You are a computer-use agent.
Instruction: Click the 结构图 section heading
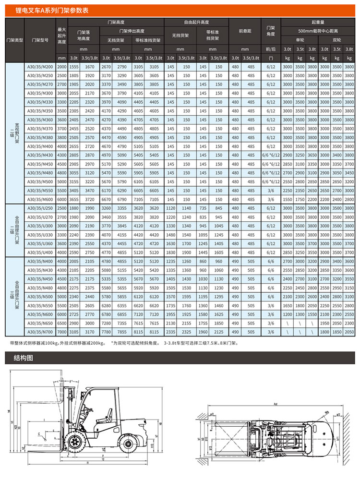point(24,358)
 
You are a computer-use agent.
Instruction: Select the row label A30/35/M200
point(40,67)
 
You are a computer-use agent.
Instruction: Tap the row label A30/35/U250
point(40,208)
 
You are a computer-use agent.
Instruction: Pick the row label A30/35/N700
point(40,332)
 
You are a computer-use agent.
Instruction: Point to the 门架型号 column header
point(40,40)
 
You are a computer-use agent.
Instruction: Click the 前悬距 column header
point(245,31)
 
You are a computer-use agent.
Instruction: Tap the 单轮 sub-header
point(300,40)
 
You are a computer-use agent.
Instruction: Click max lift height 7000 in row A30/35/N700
point(61,332)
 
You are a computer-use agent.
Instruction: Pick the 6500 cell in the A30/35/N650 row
point(61,323)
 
